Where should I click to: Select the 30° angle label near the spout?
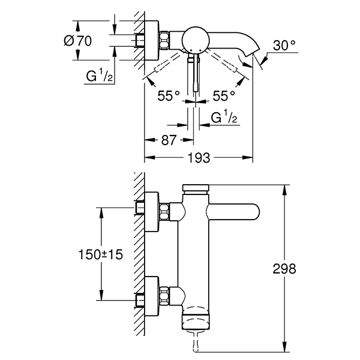point(284,46)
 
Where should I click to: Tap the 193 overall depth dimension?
point(199,158)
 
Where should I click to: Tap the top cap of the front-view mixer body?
point(196,188)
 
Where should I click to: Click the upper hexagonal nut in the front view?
point(166,211)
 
